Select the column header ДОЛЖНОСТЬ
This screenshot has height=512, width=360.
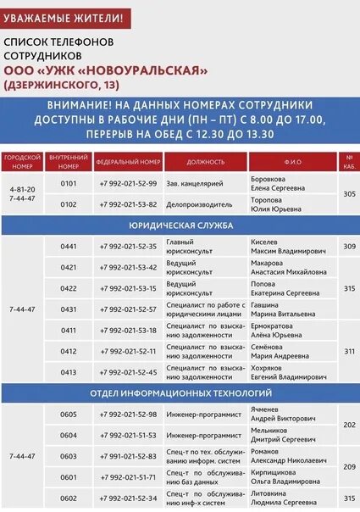206,161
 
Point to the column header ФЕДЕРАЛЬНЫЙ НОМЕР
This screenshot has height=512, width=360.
128,161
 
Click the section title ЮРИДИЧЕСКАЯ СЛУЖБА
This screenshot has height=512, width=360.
179,227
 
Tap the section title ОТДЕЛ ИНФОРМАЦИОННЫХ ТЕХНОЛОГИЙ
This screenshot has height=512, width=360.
180,393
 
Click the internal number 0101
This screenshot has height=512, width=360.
69,183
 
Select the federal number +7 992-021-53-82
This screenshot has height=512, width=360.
128,204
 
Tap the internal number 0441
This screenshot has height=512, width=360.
69,247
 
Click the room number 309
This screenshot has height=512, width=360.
349,247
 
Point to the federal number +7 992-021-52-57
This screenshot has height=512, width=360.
128,309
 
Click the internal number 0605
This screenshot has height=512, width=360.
69,414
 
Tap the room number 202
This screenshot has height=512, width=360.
349,425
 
